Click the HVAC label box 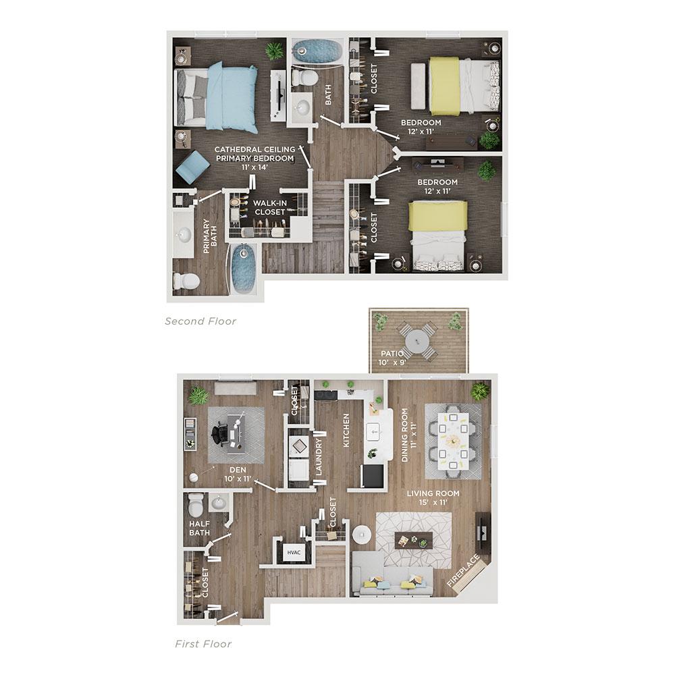pyautogui.click(x=294, y=552)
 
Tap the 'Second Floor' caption pyautogui.click(x=200, y=321)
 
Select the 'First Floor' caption pyautogui.click(x=203, y=644)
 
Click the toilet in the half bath pyautogui.click(x=196, y=504)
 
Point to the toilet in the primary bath pyautogui.click(x=186, y=281)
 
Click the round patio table pyautogui.click(x=417, y=342)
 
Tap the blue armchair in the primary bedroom pyautogui.click(x=191, y=167)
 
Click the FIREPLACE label pyautogui.click(x=463, y=571)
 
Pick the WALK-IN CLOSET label pyautogui.click(x=270, y=207)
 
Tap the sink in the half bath pyautogui.click(x=219, y=503)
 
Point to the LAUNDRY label pyautogui.click(x=319, y=457)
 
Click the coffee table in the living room pyautogui.click(x=413, y=540)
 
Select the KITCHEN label pyautogui.click(x=346, y=431)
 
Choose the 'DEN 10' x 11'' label pyautogui.click(x=238, y=474)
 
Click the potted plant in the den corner pyautogui.click(x=198, y=396)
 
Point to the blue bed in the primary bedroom pyautogui.click(x=216, y=97)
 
